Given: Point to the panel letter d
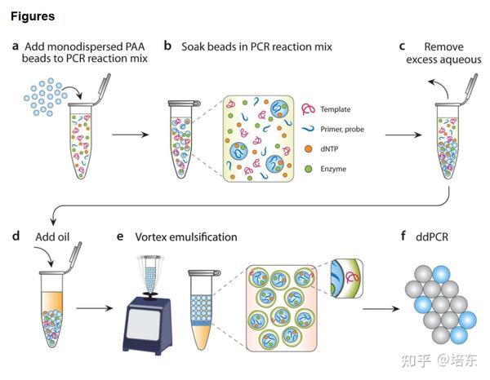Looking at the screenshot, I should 16,236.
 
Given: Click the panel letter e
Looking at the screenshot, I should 121,236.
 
